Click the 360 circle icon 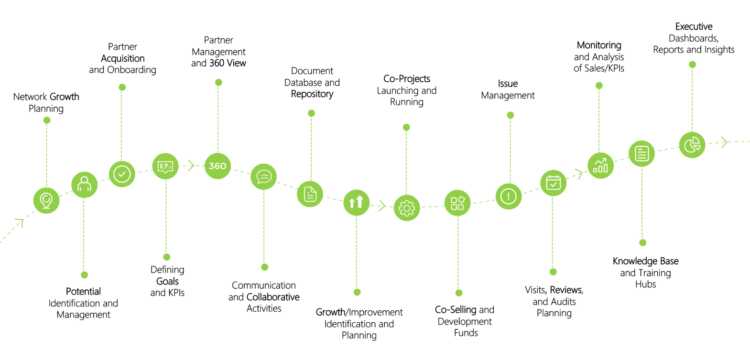(x=217, y=166)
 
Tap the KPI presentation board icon (x=165, y=166)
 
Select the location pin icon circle (x=46, y=200)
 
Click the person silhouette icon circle (x=84, y=185)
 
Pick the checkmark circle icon (x=122, y=174)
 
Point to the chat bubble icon (x=263, y=177)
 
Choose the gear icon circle (x=407, y=208)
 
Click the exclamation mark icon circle (x=508, y=196)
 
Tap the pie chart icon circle (x=692, y=145)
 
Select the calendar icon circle (x=553, y=183)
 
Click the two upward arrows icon (x=356, y=202)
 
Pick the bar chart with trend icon (x=600, y=165)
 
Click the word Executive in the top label (x=694, y=27)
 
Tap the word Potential (x=83, y=292)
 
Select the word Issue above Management (x=508, y=84)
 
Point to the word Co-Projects (x=407, y=79)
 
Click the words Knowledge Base (x=645, y=261)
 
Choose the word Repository (x=312, y=94)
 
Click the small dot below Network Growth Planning (x=47, y=120)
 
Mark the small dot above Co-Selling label (x=459, y=293)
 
